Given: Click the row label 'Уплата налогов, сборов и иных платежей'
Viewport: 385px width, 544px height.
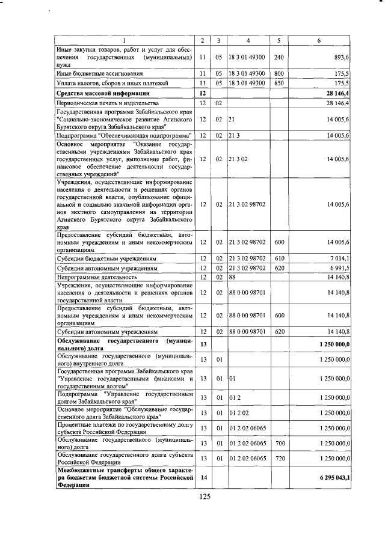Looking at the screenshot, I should pos(107,83).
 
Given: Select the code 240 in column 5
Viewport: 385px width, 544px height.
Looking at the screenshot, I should pos(279,57).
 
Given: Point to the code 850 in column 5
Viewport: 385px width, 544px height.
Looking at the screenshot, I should pos(279,83).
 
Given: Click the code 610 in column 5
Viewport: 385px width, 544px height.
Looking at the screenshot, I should pos(279,258).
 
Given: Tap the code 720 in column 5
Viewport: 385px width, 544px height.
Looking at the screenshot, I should pos(279,459).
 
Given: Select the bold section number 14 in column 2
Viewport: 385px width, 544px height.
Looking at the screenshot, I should pos(203,477).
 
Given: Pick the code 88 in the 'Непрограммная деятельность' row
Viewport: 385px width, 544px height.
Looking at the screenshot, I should pos(232,277).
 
